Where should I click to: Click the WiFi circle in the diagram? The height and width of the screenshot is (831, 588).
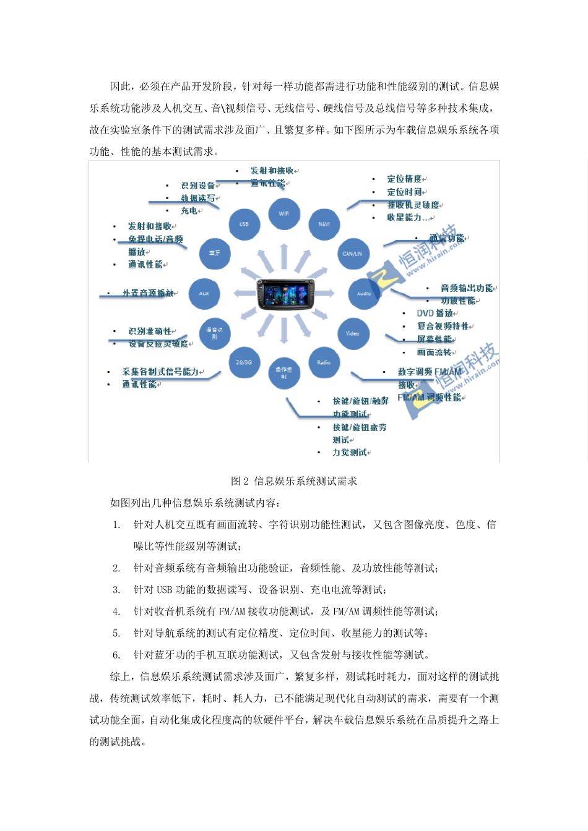pos(284,213)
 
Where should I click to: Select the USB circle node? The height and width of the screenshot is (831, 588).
pos(244,224)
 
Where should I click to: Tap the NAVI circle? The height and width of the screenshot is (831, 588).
pos(324,224)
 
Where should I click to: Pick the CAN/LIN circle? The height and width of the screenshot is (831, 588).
pos(352,254)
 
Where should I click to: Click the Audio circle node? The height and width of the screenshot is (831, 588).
pos(364,294)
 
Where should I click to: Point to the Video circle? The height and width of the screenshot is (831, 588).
pos(352,333)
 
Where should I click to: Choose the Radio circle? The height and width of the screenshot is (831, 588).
pos(324,362)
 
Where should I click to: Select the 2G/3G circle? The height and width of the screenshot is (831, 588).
pos(244,362)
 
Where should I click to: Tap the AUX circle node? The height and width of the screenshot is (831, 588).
pos(204,294)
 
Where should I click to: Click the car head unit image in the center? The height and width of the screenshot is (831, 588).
pos(285,294)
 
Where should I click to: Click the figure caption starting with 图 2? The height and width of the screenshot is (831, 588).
pos(294,481)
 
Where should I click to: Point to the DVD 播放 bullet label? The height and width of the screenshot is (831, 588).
pos(435,313)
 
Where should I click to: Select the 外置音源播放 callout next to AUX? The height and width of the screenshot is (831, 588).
pos(148,293)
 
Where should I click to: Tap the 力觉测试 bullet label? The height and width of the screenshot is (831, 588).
pos(350,453)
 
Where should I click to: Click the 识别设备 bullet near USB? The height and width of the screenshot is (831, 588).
pos(198,185)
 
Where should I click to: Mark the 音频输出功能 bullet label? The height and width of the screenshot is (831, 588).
pos(467,288)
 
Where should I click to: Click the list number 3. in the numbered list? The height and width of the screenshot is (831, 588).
pos(116,590)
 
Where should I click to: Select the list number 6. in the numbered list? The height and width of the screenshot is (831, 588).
pos(116,655)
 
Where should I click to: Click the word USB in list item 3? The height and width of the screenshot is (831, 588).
pos(164,590)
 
